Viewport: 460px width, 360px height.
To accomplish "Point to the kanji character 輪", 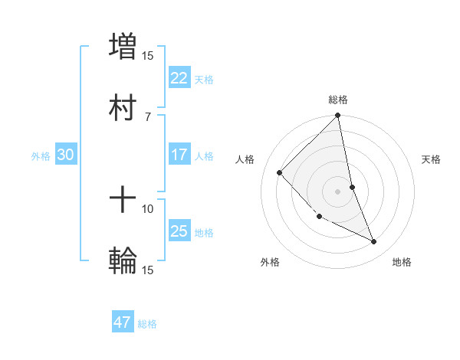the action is (x=123, y=261).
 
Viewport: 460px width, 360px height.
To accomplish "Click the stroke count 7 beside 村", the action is (x=147, y=116).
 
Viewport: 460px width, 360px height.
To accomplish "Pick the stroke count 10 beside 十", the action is (x=147, y=208).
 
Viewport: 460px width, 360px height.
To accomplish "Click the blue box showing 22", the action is (x=179, y=77).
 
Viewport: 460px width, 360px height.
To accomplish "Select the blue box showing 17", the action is (x=179, y=155).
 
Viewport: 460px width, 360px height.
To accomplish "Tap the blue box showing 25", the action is (x=179, y=231).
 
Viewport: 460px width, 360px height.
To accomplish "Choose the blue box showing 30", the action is (x=66, y=155).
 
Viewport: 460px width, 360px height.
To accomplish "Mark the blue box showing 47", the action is (x=123, y=322).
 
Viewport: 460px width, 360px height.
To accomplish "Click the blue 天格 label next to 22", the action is (x=204, y=79).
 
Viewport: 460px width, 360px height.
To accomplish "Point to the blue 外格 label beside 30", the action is (x=41, y=156).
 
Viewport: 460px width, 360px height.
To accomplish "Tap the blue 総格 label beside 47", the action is (x=147, y=324).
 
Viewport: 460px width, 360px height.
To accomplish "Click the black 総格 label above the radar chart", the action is (x=338, y=100).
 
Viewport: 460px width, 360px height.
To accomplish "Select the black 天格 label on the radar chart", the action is (x=432, y=159).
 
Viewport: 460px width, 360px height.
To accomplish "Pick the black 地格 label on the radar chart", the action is (x=402, y=263).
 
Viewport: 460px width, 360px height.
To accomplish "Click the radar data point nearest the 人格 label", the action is (x=280, y=172).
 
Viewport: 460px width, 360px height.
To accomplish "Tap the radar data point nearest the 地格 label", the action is (x=374, y=242).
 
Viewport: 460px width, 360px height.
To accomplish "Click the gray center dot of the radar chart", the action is (x=338, y=191).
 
